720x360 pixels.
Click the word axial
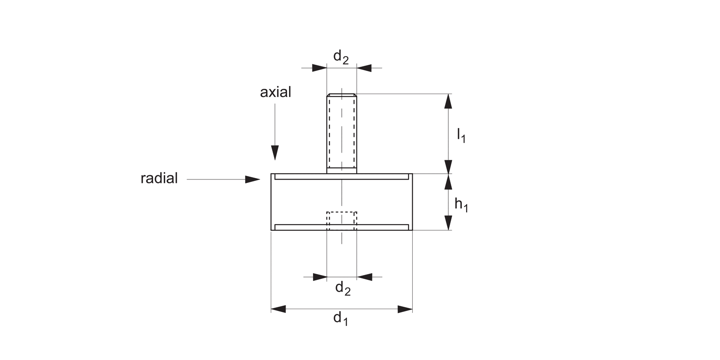pos(276,92)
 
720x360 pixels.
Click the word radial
pos(159,179)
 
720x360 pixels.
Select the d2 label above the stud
pos(341,57)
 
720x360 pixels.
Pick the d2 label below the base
pos(342,288)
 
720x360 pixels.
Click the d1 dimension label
pos(340,318)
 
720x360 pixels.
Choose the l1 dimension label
pos(461,136)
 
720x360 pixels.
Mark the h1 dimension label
pos(461,205)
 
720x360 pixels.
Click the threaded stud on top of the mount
pos(341,134)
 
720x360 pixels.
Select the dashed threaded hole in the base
pos(341,218)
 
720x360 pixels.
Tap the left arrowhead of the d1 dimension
pos(278,309)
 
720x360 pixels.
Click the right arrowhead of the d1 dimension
pos(405,309)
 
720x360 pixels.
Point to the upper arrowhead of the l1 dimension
pos(448,101)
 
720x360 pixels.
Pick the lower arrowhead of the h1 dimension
pos(448,223)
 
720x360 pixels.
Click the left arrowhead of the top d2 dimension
pos(319,68)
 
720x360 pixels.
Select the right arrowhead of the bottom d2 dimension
pos(364,277)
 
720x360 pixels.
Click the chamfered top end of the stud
pos(341,95)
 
